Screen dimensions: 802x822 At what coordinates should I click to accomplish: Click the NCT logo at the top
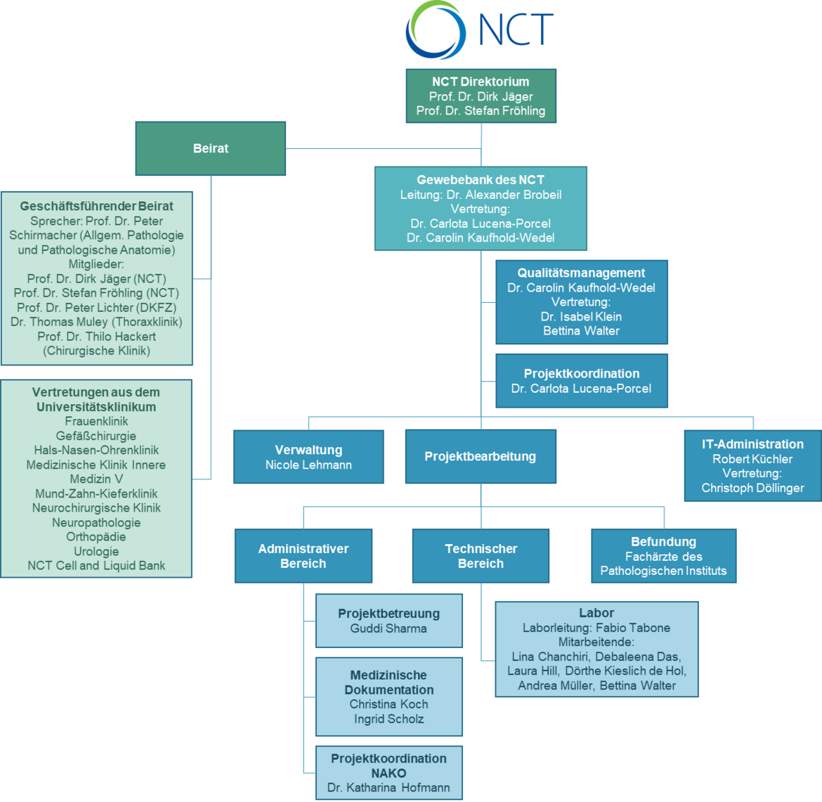(x=481, y=30)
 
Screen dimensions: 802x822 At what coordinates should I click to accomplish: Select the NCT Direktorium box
(x=481, y=96)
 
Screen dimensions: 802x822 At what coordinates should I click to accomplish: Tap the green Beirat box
(x=211, y=148)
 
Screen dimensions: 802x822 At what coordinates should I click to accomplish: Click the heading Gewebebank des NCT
(x=481, y=180)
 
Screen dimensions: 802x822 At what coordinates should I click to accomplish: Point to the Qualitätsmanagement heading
(x=581, y=273)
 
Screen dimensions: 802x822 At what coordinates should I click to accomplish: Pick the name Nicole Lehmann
(x=308, y=465)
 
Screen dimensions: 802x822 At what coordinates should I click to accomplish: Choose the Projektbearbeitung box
(x=481, y=457)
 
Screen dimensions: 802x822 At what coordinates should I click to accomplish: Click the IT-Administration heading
(x=752, y=444)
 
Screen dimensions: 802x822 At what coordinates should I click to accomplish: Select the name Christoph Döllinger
(x=752, y=488)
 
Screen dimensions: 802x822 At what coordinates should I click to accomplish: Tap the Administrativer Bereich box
(x=304, y=556)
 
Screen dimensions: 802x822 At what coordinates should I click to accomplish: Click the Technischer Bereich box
(x=481, y=556)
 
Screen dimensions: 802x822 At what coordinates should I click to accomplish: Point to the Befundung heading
(x=663, y=542)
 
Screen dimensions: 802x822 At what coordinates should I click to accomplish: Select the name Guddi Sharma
(x=389, y=628)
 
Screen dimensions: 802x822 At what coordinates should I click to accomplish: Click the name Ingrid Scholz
(x=389, y=719)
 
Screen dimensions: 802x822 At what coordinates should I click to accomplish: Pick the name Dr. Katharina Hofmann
(x=389, y=788)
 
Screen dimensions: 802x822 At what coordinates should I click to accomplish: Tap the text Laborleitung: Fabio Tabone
(x=596, y=628)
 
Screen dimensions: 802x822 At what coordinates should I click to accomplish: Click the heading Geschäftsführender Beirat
(x=97, y=207)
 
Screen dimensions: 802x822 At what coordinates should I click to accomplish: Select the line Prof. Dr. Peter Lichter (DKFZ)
(x=97, y=307)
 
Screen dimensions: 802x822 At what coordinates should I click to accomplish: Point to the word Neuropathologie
(x=96, y=522)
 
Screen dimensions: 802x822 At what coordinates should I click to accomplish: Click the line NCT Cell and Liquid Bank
(x=96, y=566)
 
